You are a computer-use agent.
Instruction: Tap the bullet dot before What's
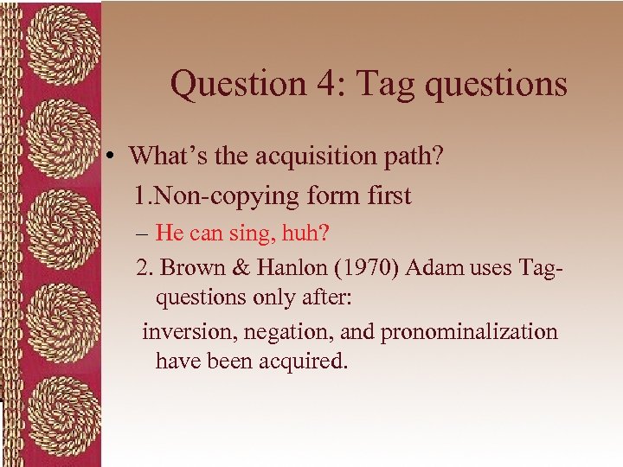coord(112,157)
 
